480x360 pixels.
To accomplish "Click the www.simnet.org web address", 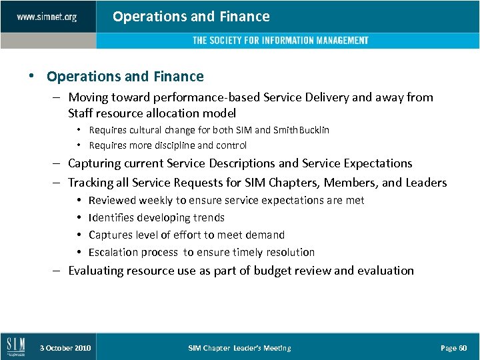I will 47,17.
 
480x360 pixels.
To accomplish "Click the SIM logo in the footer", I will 16,347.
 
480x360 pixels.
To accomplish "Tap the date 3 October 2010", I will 65,348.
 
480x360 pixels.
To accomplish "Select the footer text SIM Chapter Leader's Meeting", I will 239,348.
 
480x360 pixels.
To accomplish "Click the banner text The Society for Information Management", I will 280,41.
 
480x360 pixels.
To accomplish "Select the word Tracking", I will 90,183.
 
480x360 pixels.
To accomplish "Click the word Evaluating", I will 96,271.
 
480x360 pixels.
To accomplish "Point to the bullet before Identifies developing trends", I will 79,217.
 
